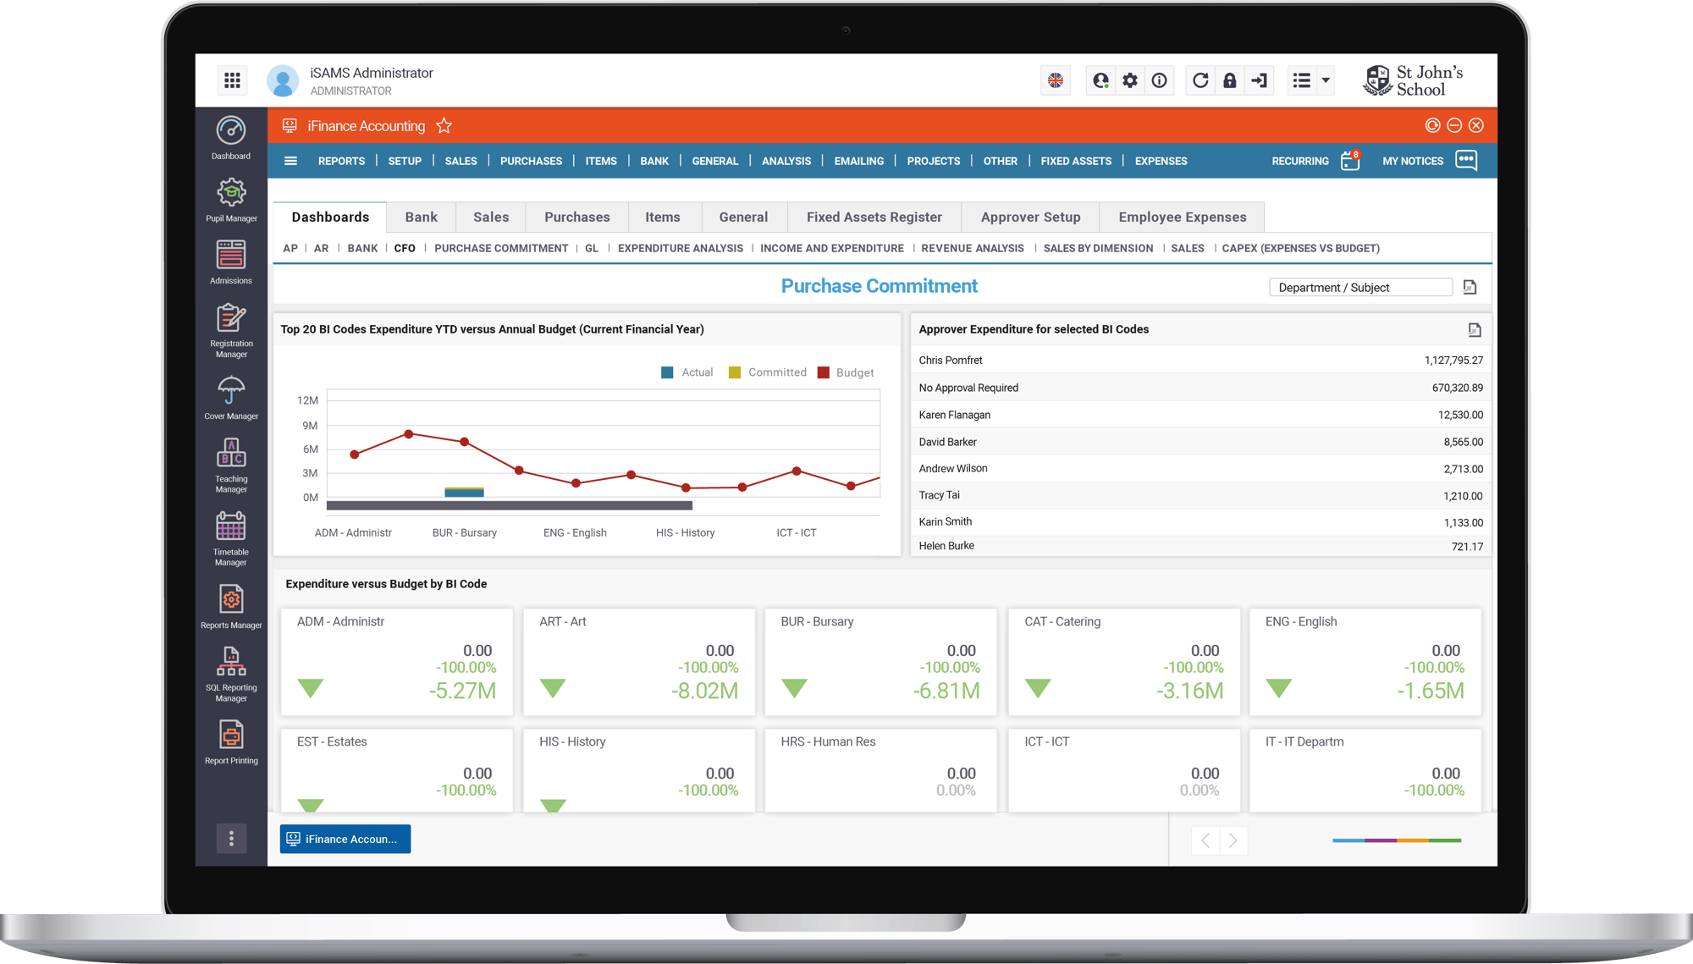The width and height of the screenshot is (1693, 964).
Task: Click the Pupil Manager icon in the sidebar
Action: coord(231,194)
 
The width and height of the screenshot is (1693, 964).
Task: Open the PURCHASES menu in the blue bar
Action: coord(531,161)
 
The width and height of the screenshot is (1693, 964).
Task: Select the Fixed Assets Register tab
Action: coord(874,218)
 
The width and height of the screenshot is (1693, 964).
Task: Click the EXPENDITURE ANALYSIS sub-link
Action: coord(680,248)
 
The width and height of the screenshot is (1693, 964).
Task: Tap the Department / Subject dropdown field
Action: coord(1359,288)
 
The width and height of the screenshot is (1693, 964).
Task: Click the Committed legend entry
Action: coord(768,372)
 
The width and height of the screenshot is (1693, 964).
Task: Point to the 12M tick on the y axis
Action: coord(307,400)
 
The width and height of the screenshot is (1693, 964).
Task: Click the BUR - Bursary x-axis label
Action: coord(464,533)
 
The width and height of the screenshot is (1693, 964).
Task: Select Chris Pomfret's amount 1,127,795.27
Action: coord(1453,361)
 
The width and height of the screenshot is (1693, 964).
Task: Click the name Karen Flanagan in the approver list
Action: coord(954,415)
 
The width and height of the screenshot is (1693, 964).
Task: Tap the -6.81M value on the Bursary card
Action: coord(946,691)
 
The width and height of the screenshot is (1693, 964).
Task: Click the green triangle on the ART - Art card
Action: coord(553,688)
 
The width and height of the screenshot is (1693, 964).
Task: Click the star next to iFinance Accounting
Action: coord(444,126)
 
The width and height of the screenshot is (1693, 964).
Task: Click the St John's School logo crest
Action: coord(1377,80)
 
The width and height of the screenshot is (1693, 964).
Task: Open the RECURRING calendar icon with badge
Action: coord(1350,161)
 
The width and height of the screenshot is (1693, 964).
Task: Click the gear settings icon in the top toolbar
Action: coord(1129,80)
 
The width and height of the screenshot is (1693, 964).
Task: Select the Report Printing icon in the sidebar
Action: coord(231,735)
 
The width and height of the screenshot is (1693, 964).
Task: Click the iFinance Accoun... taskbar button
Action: coord(345,839)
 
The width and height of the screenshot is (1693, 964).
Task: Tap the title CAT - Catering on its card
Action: coord(1062,621)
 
